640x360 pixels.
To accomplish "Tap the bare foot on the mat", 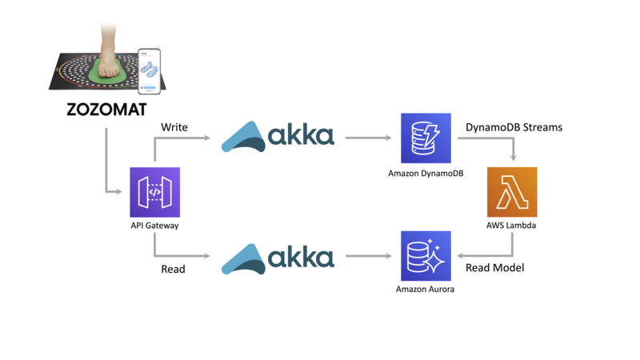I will pyautogui.click(x=111, y=56).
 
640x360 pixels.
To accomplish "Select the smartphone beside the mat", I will pyautogui.click(x=149, y=71).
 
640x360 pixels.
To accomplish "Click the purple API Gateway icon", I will pyautogui.click(x=154, y=192).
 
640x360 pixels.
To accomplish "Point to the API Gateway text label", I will pyautogui.click(x=154, y=226).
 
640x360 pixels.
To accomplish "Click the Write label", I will pyautogui.click(x=174, y=127).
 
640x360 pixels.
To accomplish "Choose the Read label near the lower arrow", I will pyautogui.click(x=173, y=269).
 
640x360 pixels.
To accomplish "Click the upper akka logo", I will pyautogui.click(x=278, y=137).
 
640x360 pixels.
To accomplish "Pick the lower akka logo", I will pyautogui.click(x=278, y=258).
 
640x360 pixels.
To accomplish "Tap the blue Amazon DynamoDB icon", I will pyautogui.click(x=426, y=138).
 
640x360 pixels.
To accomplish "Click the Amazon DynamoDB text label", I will pyautogui.click(x=426, y=173).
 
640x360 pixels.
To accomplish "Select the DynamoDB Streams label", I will pyautogui.click(x=514, y=127).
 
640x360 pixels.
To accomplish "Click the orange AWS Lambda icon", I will pyautogui.click(x=512, y=192).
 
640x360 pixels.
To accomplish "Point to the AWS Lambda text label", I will pyautogui.click(x=512, y=226).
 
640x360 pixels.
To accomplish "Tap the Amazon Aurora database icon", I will pyautogui.click(x=426, y=256).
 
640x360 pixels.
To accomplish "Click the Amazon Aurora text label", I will pyautogui.click(x=426, y=289).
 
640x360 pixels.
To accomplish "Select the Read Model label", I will pyautogui.click(x=495, y=268).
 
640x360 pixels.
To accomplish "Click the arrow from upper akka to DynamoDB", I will pyautogui.click(x=368, y=138).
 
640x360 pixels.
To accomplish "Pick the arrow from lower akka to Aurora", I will pyautogui.click(x=368, y=257).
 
